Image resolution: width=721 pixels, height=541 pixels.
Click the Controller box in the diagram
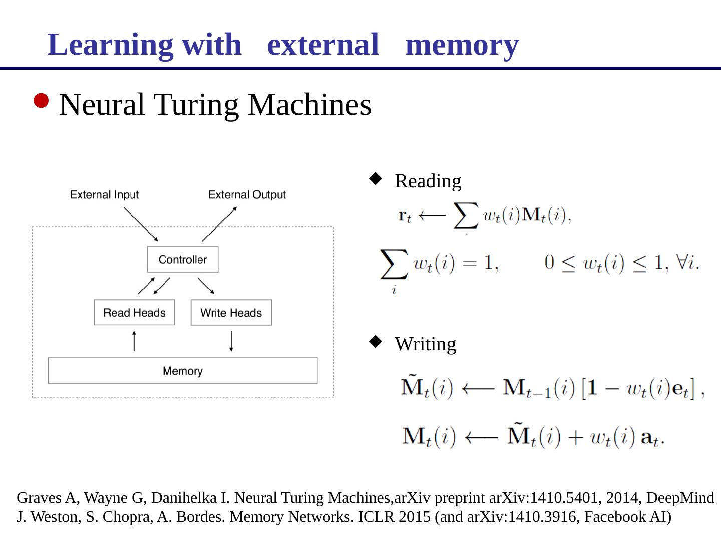tap(183, 259)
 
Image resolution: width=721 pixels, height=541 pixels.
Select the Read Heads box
tap(134, 313)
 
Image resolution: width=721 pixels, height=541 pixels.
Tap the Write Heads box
tap(231, 313)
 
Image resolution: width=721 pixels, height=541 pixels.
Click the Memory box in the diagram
tap(183, 371)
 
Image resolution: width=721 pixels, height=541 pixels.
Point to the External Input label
tap(104, 195)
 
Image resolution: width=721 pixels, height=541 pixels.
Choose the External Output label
tap(247, 195)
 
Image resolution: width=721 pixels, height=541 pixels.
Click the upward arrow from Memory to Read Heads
tap(134, 341)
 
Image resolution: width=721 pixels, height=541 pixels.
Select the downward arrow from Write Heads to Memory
tap(231, 341)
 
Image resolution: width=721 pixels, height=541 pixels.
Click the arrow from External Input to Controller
tap(141, 224)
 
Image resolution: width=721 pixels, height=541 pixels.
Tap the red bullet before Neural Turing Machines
tap(42, 101)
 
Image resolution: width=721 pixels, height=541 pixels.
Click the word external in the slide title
tap(323, 45)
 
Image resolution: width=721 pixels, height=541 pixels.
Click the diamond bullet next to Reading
tap(376, 179)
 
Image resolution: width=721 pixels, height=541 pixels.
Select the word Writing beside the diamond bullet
tap(425, 344)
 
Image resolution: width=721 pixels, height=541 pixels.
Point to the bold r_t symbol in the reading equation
tap(405, 216)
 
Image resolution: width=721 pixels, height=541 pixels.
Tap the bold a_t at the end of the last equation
tap(650, 437)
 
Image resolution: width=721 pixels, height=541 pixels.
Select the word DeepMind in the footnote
tap(680, 498)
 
